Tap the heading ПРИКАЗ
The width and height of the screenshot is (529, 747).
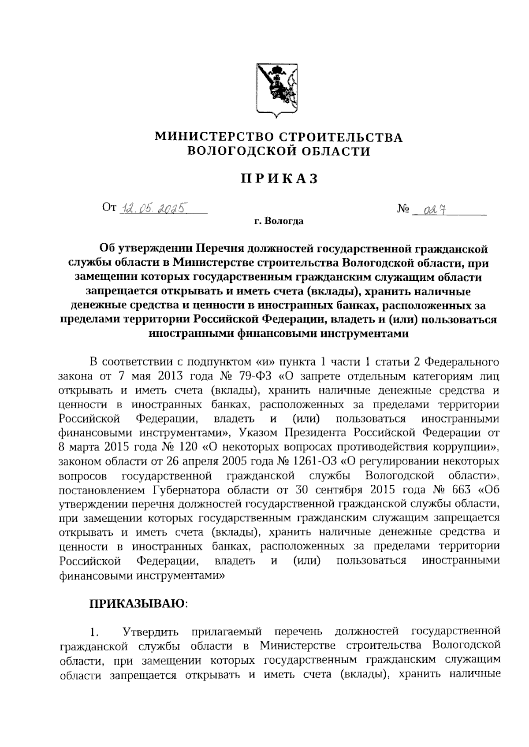pyautogui.click(x=279, y=179)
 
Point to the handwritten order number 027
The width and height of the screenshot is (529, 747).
pyautogui.click(x=432, y=210)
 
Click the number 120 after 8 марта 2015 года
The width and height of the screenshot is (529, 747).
pyautogui.click(x=186, y=447)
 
